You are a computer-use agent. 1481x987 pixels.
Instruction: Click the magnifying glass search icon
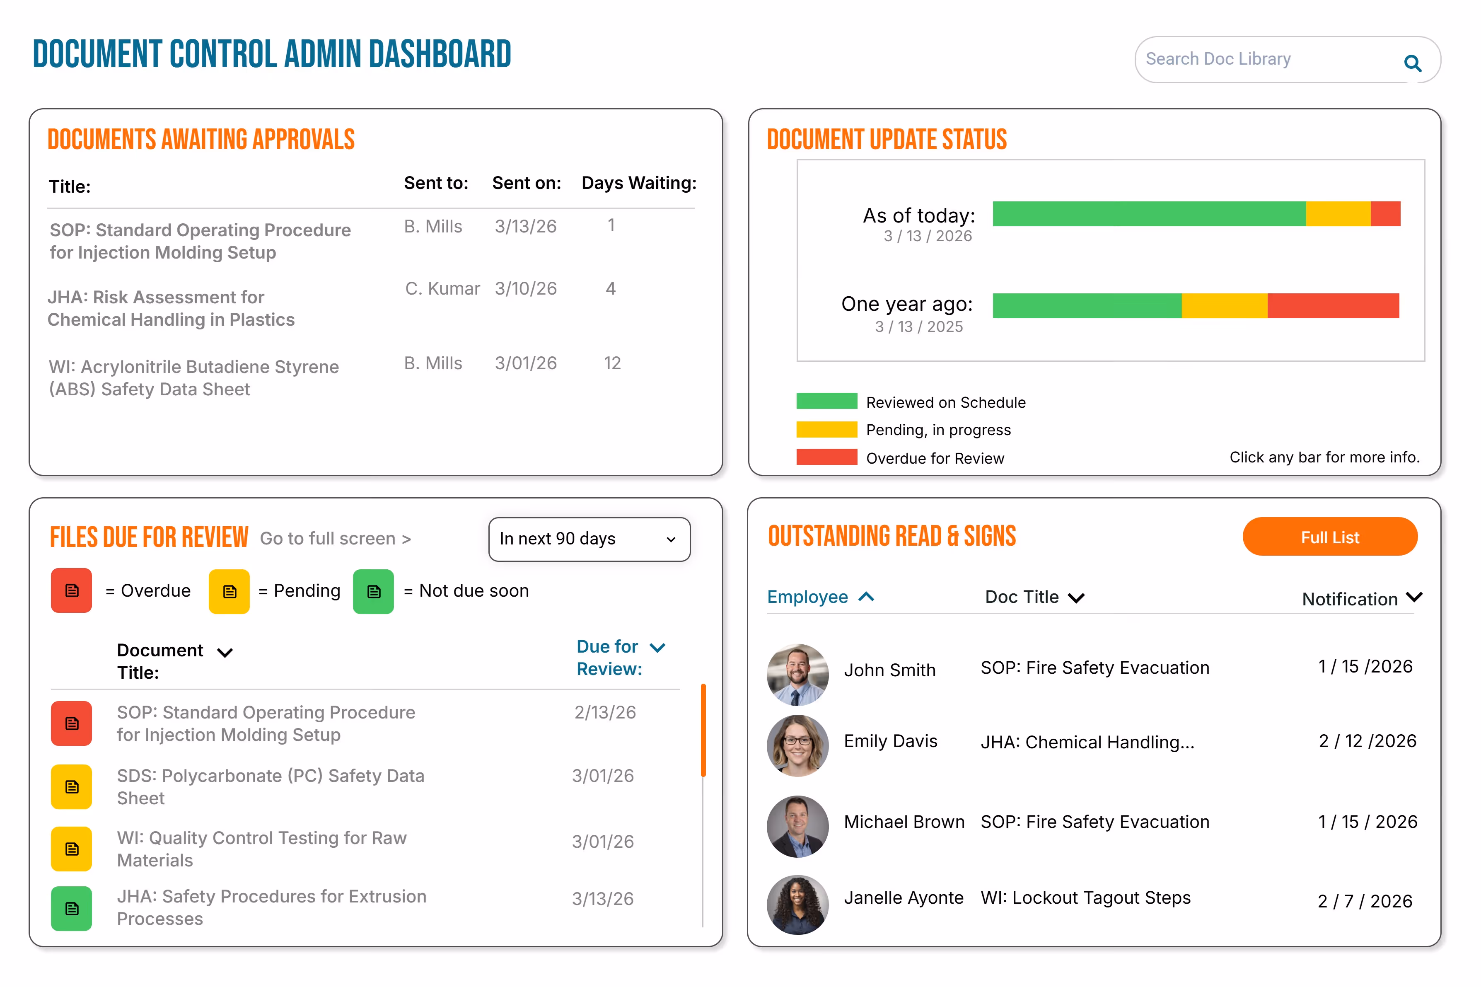click(1412, 63)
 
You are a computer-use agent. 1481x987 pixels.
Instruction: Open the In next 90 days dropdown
click(589, 539)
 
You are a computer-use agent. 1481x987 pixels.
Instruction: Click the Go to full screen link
click(335, 539)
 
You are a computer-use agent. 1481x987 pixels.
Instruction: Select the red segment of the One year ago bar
click(1333, 306)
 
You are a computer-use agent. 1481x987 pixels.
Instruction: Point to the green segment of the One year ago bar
click(1087, 306)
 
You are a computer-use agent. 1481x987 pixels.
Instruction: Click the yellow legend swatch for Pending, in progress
click(826, 429)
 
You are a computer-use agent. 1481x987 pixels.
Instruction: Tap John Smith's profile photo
click(797, 674)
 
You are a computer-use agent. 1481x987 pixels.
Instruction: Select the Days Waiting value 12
click(612, 363)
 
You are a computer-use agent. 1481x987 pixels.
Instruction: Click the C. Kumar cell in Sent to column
click(442, 288)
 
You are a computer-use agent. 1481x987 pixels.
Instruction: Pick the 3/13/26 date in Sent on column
click(525, 227)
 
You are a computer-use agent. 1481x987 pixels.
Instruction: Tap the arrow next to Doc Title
click(1076, 598)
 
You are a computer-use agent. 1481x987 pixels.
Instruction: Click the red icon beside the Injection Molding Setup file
click(71, 723)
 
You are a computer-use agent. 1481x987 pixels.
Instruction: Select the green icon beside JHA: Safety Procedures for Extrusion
click(71, 908)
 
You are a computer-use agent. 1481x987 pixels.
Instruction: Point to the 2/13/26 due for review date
click(604, 713)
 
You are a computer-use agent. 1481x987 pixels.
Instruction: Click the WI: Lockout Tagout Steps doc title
click(1085, 897)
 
